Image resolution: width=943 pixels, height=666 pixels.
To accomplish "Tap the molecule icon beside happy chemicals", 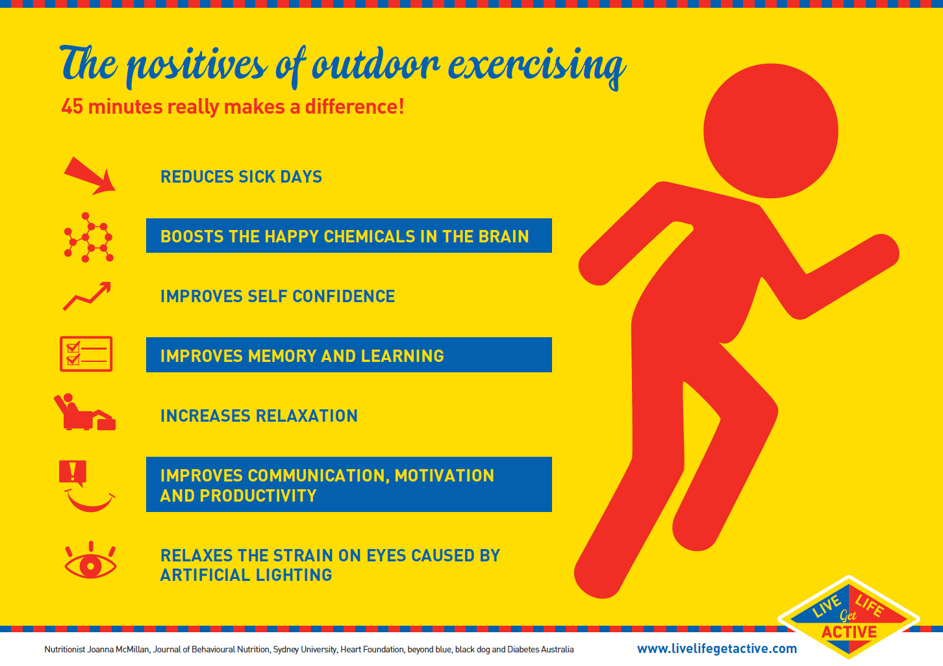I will [x=88, y=237].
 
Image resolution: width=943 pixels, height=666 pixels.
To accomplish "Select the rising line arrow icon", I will [x=87, y=296].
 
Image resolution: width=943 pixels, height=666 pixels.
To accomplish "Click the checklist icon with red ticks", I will [x=86, y=354].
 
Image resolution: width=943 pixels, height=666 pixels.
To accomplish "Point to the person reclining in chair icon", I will [x=84, y=413].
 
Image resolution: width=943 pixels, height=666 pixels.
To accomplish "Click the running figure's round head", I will [x=770, y=131].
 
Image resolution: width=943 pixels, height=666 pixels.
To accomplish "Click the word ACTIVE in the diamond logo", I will [x=849, y=632].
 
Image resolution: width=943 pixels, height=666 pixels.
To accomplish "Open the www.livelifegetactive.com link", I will [x=717, y=648].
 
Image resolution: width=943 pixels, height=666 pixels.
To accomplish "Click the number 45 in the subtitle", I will [x=72, y=107].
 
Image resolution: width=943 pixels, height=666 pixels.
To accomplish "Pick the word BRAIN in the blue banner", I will [x=503, y=237].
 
